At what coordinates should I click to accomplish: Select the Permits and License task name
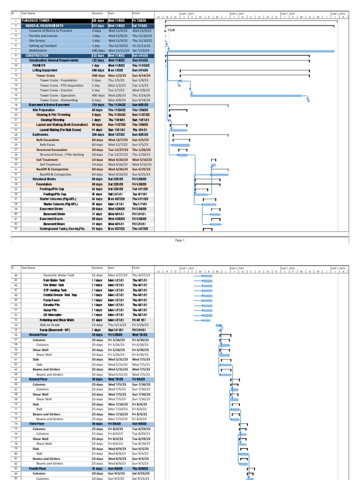pyautogui.click(x=43, y=36)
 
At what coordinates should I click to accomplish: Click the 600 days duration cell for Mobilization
pyautogui.click(x=98, y=51)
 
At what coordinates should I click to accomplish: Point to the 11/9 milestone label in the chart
pyautogui.click(x=172, y=30)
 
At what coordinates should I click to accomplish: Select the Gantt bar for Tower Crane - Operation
pyautogui.click(x=248, y=95)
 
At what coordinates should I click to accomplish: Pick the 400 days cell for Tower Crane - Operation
pyautogui.click(x=98, y=95)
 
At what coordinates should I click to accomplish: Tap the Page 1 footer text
pyautogui.click(x=180, y=240)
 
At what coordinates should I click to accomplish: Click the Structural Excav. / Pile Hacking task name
pyautogui.click(x=61, y=154)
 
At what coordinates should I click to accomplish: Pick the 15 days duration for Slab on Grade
pyautogui.click(x=97, y=324)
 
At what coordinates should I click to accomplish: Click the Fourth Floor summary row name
pyautogui.click(x=37, y=468)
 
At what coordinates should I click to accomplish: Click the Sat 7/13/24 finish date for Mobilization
pyautogui.click(x=141, y=51)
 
